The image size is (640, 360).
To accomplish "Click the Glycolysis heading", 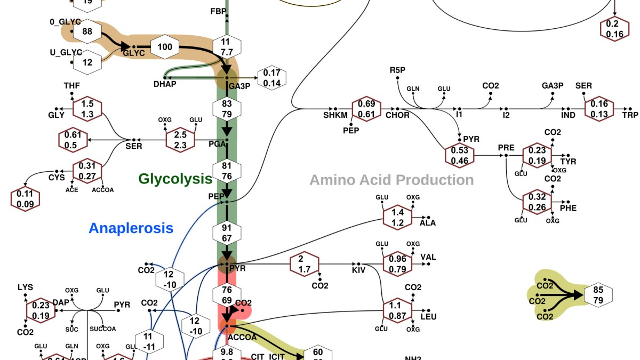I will pyautogui.click(x=175, y=179).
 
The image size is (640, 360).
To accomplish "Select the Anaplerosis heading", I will pyautogui.click(x=131, y=228).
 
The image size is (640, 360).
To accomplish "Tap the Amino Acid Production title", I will pyautogui.click(x=391, y=180).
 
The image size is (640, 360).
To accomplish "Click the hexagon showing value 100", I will pyautogui.click(x=165, y=47).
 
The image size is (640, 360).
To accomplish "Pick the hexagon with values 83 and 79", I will pyautogui.click(x=227, y=109).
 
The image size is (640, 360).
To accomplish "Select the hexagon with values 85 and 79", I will pyautogui.click(x=598, y=294).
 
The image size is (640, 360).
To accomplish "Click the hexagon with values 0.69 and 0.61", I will pyautogui.click(x=366, y=109).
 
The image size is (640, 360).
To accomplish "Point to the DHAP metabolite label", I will pyautogui.click(x=165, y=84).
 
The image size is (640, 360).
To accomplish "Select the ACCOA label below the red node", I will pyautogui.click(x=242, y=337).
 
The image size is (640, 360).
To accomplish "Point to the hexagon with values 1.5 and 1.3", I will pyautogui.click(x=87, y=109).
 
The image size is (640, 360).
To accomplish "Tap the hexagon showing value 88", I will pyautogui.click(x=87, y=31).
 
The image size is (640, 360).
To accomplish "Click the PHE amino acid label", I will pyautogui.click(x=568, y=207).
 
